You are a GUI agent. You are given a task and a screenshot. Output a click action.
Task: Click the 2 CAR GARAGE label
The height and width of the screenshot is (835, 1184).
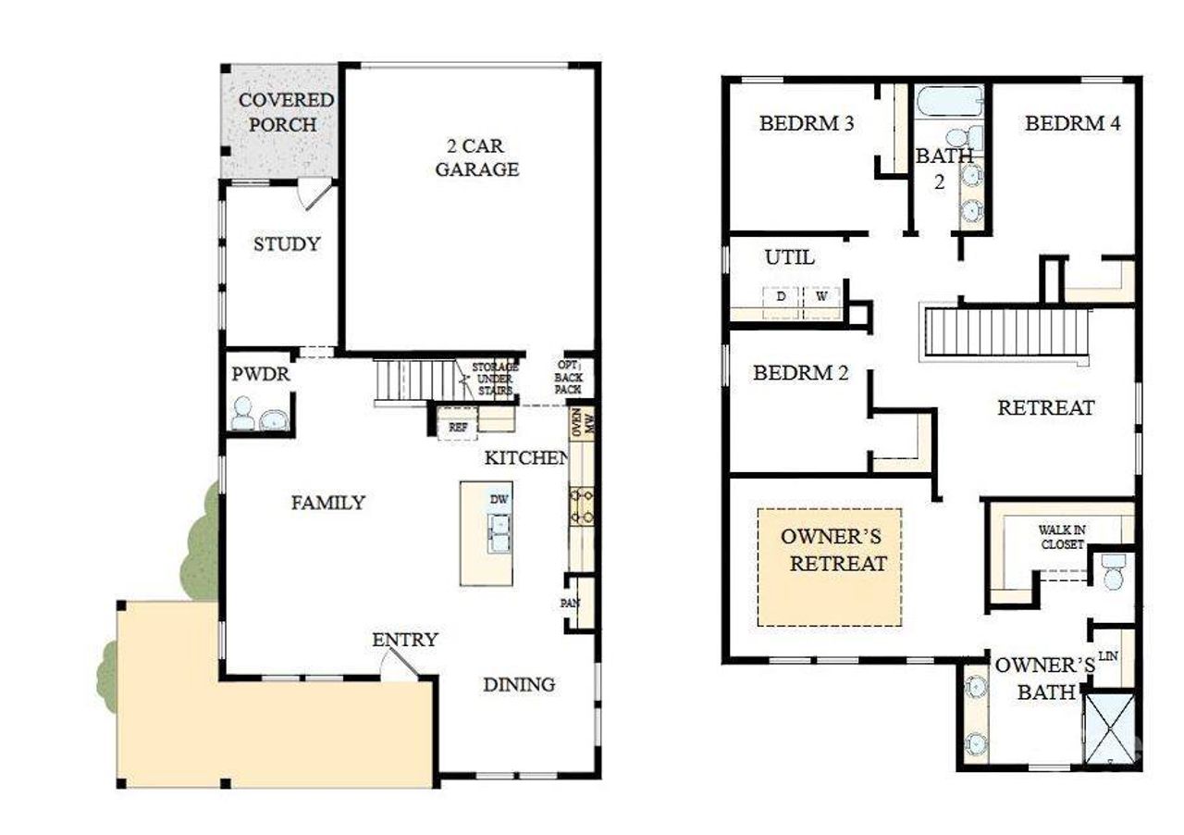tap(476, 157)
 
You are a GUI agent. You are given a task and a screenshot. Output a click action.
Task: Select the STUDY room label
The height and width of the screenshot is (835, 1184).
tap(287, 244)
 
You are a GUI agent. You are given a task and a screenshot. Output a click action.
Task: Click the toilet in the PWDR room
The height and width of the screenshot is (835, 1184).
tap(242, 414)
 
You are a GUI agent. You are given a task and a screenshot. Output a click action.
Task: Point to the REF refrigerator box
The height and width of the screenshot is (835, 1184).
tap(458, 427)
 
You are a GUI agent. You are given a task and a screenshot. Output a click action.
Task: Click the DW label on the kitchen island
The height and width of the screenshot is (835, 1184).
tap(499, 500)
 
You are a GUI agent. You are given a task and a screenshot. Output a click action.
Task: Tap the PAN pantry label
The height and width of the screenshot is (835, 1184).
tap(570, 603)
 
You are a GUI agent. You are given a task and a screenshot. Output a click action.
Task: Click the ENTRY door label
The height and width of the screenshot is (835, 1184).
tap(404, 640)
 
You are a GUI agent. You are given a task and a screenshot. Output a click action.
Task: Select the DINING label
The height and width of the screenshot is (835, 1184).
tap(519, 684)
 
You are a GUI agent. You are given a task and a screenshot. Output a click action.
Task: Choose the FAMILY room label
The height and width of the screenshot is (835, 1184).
tap(327, 503)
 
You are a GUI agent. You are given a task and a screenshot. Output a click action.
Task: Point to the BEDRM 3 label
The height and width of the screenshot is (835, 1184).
tap(806, 123)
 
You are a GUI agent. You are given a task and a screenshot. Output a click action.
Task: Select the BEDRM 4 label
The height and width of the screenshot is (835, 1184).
tap(1072, 123)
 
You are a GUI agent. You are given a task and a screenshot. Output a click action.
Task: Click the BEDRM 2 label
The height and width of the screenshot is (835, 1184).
tap(800, 373)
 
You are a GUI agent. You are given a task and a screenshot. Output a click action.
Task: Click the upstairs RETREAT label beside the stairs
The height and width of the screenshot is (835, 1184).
tap(1045, 407)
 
